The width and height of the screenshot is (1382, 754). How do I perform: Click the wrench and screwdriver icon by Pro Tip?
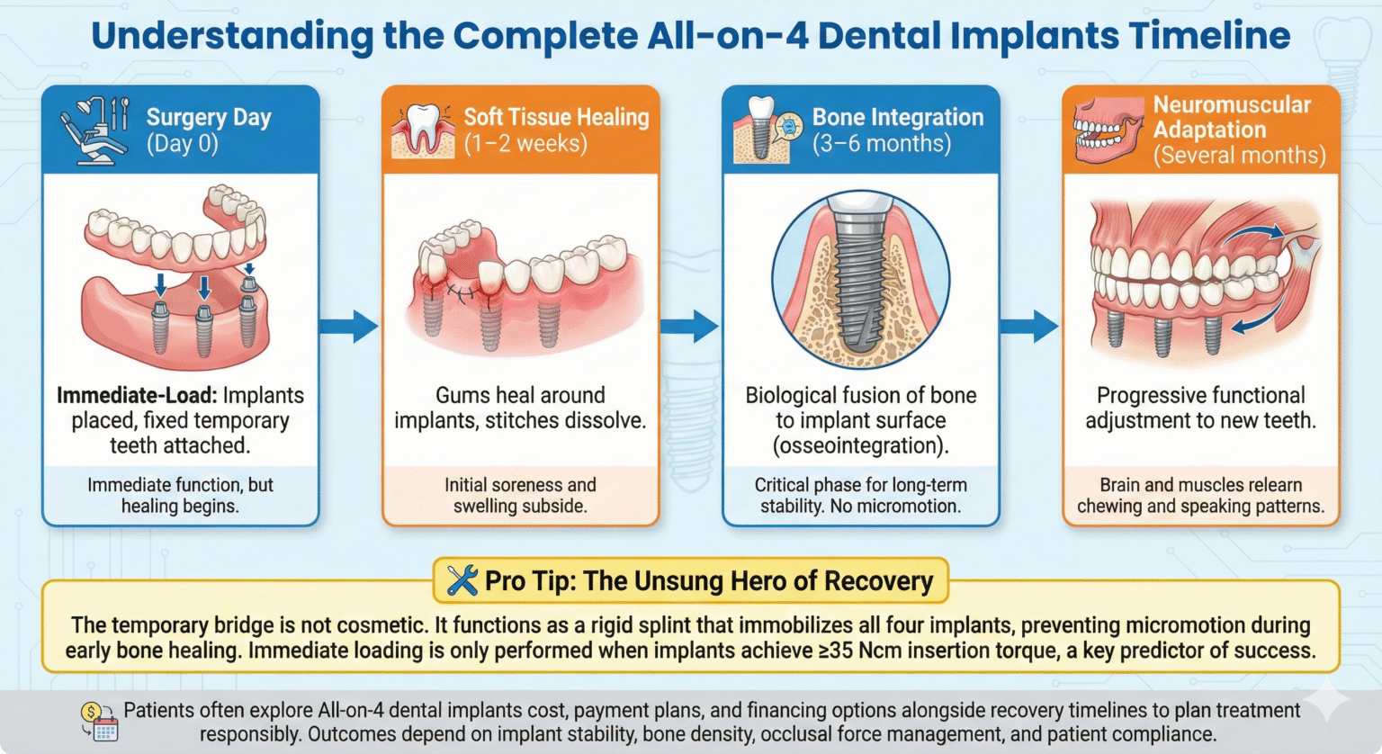coord(462,580)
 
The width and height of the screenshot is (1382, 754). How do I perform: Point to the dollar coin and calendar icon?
coord(99,722)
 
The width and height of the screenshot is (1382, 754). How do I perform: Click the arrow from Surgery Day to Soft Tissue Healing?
coord(349,327)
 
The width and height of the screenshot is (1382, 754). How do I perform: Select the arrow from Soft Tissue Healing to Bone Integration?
coord(690,327)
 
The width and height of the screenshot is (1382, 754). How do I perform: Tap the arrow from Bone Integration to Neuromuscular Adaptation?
coord(1029,327)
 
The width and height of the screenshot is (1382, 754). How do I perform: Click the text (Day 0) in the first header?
coord(183,143)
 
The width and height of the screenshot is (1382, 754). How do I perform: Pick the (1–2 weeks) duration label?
coord(525,143)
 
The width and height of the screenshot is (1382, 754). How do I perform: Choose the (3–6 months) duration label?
coord(882,143)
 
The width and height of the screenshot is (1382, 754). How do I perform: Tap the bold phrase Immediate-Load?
coord(137,395)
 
